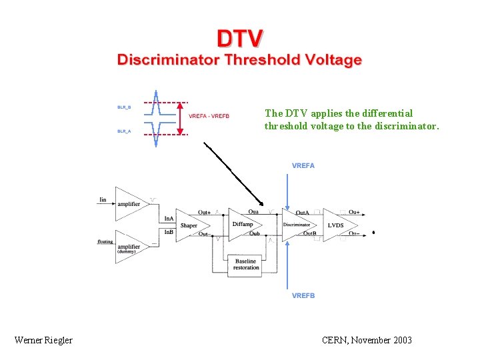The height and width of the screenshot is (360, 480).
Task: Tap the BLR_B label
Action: pyautogui.click(x=125, y=107)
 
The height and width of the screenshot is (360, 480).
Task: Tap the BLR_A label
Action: pyautogui.click(x=125, y=131)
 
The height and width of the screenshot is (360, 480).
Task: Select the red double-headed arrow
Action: pyautogui.click(x=181, y=119)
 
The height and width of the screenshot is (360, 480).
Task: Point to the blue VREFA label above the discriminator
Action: pyautogui.click(x=303, y=165)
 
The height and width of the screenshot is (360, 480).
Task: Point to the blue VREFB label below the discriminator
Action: pyautogui.click(x=303, y=295)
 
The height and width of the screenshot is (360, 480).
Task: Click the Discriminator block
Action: pyautogui.click(x=297, y=225)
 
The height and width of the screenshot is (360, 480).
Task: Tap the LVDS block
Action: pyautogui.click(x=336, y=225)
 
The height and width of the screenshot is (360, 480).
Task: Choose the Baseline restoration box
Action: pyautogui.click(x=245, y=265)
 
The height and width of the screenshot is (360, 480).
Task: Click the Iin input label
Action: pyautogui.click(x=103, y=199)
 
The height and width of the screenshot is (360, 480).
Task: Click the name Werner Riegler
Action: pyautogui.click(x=43, y=340)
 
